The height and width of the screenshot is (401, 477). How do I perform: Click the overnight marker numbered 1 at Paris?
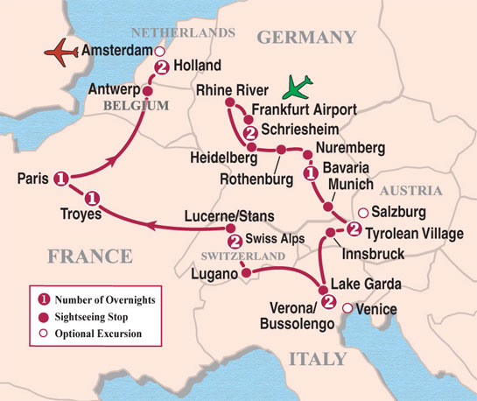pyautogui.click(x=60, y=179)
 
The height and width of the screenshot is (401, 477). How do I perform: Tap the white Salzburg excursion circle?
pyautogui.click(x=361, y=212)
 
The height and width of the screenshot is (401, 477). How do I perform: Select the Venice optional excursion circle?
pyautogui.click(x=347, y=308)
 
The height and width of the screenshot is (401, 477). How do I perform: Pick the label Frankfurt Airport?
pyautogui.click(x=304, y=109)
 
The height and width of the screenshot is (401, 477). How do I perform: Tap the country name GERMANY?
pyautogui.click(x=306, y=37)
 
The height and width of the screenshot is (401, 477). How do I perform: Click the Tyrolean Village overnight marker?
pyautogui.click(x=353, y=229)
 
